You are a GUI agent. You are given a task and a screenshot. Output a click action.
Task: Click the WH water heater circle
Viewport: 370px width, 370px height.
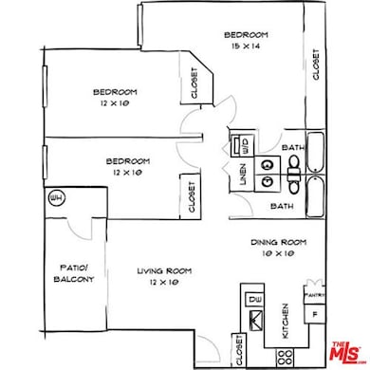[x=55, y=198]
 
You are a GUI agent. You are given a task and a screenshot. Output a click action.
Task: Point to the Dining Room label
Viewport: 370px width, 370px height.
[x=277, y=242]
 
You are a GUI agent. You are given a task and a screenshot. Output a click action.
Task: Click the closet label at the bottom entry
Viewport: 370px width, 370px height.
[x=234, y=353]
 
